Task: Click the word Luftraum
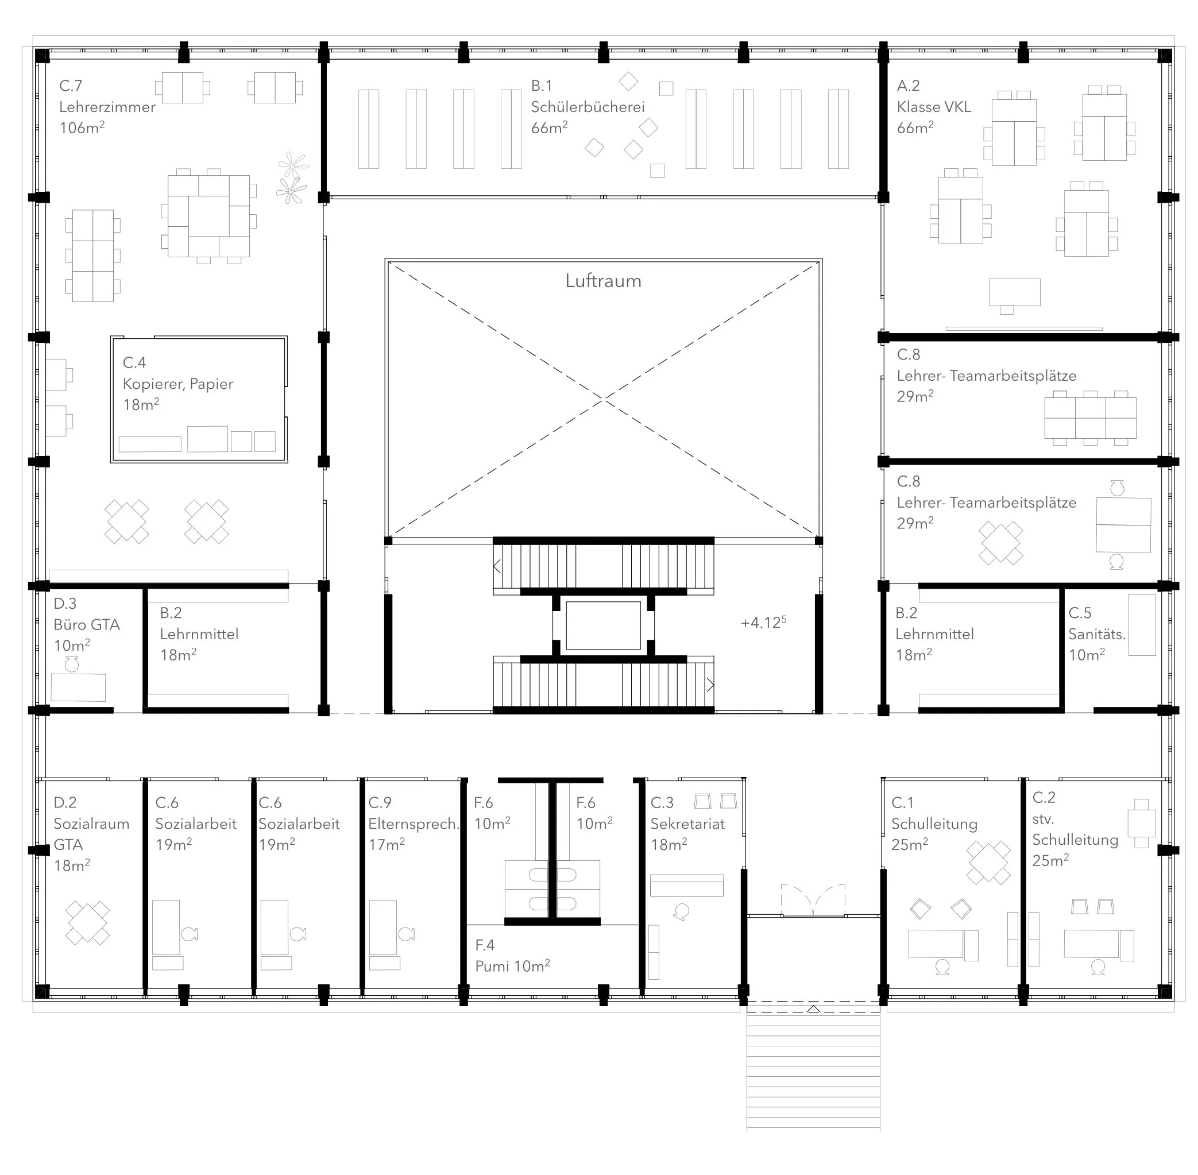tap(603, 281)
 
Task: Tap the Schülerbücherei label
tap(588, 107)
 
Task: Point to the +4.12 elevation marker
tap(763, 622)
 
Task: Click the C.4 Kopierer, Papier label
tap(178, 383)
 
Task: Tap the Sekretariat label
tap(687, 824)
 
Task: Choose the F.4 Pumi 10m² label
tap(512, 956)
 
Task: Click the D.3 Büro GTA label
tap(86, 624)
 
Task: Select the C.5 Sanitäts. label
tap(1097, 633)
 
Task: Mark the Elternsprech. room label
tap(413, 824)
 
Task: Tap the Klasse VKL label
tap(934, 107)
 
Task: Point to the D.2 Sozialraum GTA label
tap(91, 833)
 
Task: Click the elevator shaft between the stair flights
tap(603, 626)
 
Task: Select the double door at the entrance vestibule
tap(813, 900)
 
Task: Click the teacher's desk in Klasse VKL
tap(1014, 292)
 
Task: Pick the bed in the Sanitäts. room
tap(1142, 624)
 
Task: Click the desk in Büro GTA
tap(78, 687)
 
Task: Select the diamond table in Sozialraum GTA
tap(88, 922)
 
